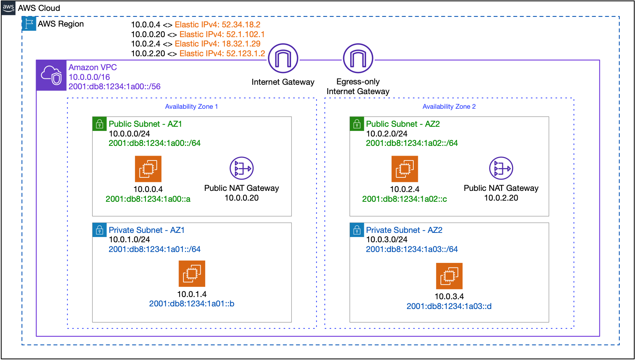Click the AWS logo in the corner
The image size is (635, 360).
[x=8, y=7]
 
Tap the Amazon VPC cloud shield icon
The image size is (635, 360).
[x=51, y=75]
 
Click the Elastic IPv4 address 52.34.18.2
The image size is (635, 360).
[x=218, y=25]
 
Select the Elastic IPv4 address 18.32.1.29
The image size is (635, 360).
[x=218, y=44]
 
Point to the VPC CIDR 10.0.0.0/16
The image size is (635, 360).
[x=89, y=77]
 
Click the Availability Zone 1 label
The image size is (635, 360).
[x=191, y=106]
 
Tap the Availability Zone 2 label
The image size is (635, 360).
[x=449, y=106]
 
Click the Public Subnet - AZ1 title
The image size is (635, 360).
[x=145, y=124]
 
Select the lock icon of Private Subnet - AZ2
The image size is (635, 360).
[x=357, y=230]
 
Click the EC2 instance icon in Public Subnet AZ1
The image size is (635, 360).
[x=148, y=169]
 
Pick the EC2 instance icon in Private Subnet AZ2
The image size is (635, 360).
[x=449, y=276]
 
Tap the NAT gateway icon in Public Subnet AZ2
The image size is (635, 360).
[x=501, y=168]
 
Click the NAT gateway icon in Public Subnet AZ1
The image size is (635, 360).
[x=242, y=168]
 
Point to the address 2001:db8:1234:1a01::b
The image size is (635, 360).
[x=192, y=304]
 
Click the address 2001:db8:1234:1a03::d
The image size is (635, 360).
[x=449, y=306]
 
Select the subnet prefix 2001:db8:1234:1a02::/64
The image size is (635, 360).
[x=412, y=143]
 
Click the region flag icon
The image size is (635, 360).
[x=29, y=24]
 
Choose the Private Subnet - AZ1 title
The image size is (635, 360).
[x=147, y=230]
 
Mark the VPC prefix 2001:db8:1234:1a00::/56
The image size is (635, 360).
[x=114, y=87]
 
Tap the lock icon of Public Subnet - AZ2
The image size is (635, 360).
[x=357, y=124]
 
